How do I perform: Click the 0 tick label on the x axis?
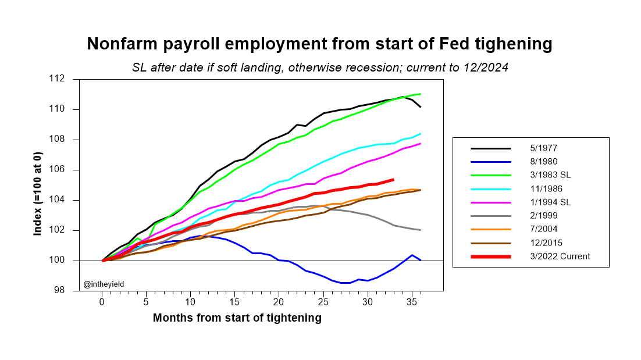tap(102, 302)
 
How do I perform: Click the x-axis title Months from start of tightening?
tap(237, 318)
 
